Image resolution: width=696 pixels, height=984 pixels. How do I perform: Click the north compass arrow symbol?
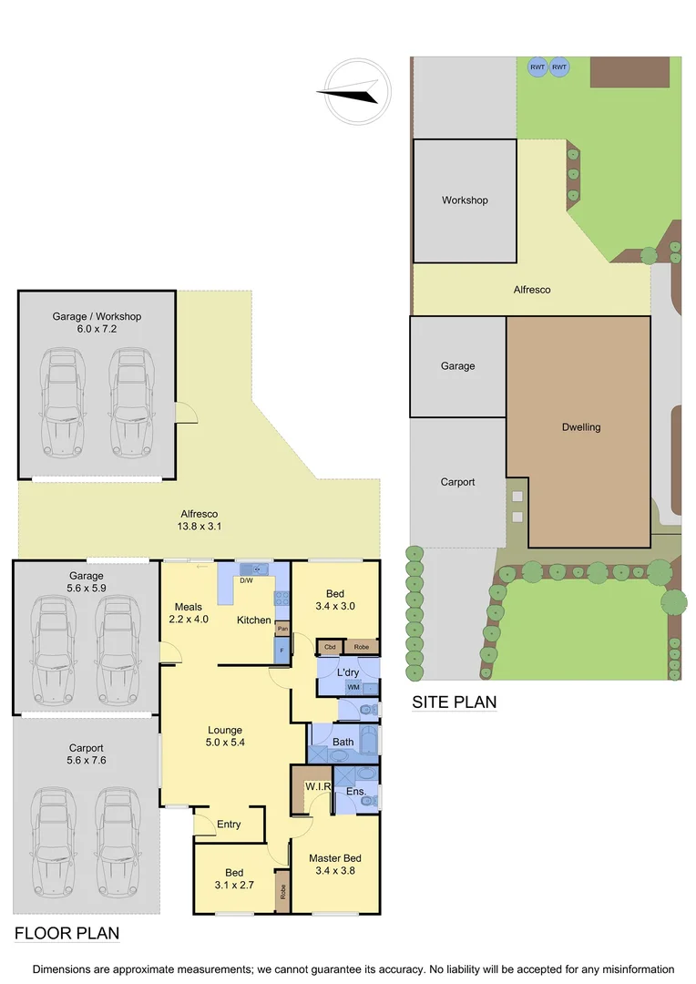[352, 91]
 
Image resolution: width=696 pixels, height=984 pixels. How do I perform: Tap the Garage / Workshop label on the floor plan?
[97, 316]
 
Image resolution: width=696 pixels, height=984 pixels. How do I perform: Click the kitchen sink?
[254, 569]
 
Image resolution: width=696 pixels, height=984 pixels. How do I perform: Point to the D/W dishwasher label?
[245, 580]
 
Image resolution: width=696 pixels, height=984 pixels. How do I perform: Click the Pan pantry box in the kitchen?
[282, 629]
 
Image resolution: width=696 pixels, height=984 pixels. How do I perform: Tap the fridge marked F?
[282, 651]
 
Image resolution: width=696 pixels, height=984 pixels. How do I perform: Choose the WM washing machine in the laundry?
[353, 687]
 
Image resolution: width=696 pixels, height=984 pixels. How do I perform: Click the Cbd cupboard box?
[329, 647]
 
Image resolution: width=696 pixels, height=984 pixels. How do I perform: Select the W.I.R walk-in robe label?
[317, 786]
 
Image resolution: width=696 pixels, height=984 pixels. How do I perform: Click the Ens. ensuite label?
[356, 792]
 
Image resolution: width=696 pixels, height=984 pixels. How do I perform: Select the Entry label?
[229, 825]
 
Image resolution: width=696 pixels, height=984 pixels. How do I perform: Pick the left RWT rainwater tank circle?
[537, 67]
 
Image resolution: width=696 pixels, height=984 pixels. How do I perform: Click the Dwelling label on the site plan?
[581, 426]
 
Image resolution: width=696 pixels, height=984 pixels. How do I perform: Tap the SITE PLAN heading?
[454, 702]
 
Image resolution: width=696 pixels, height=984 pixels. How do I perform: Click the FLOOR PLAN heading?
[67, 934]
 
